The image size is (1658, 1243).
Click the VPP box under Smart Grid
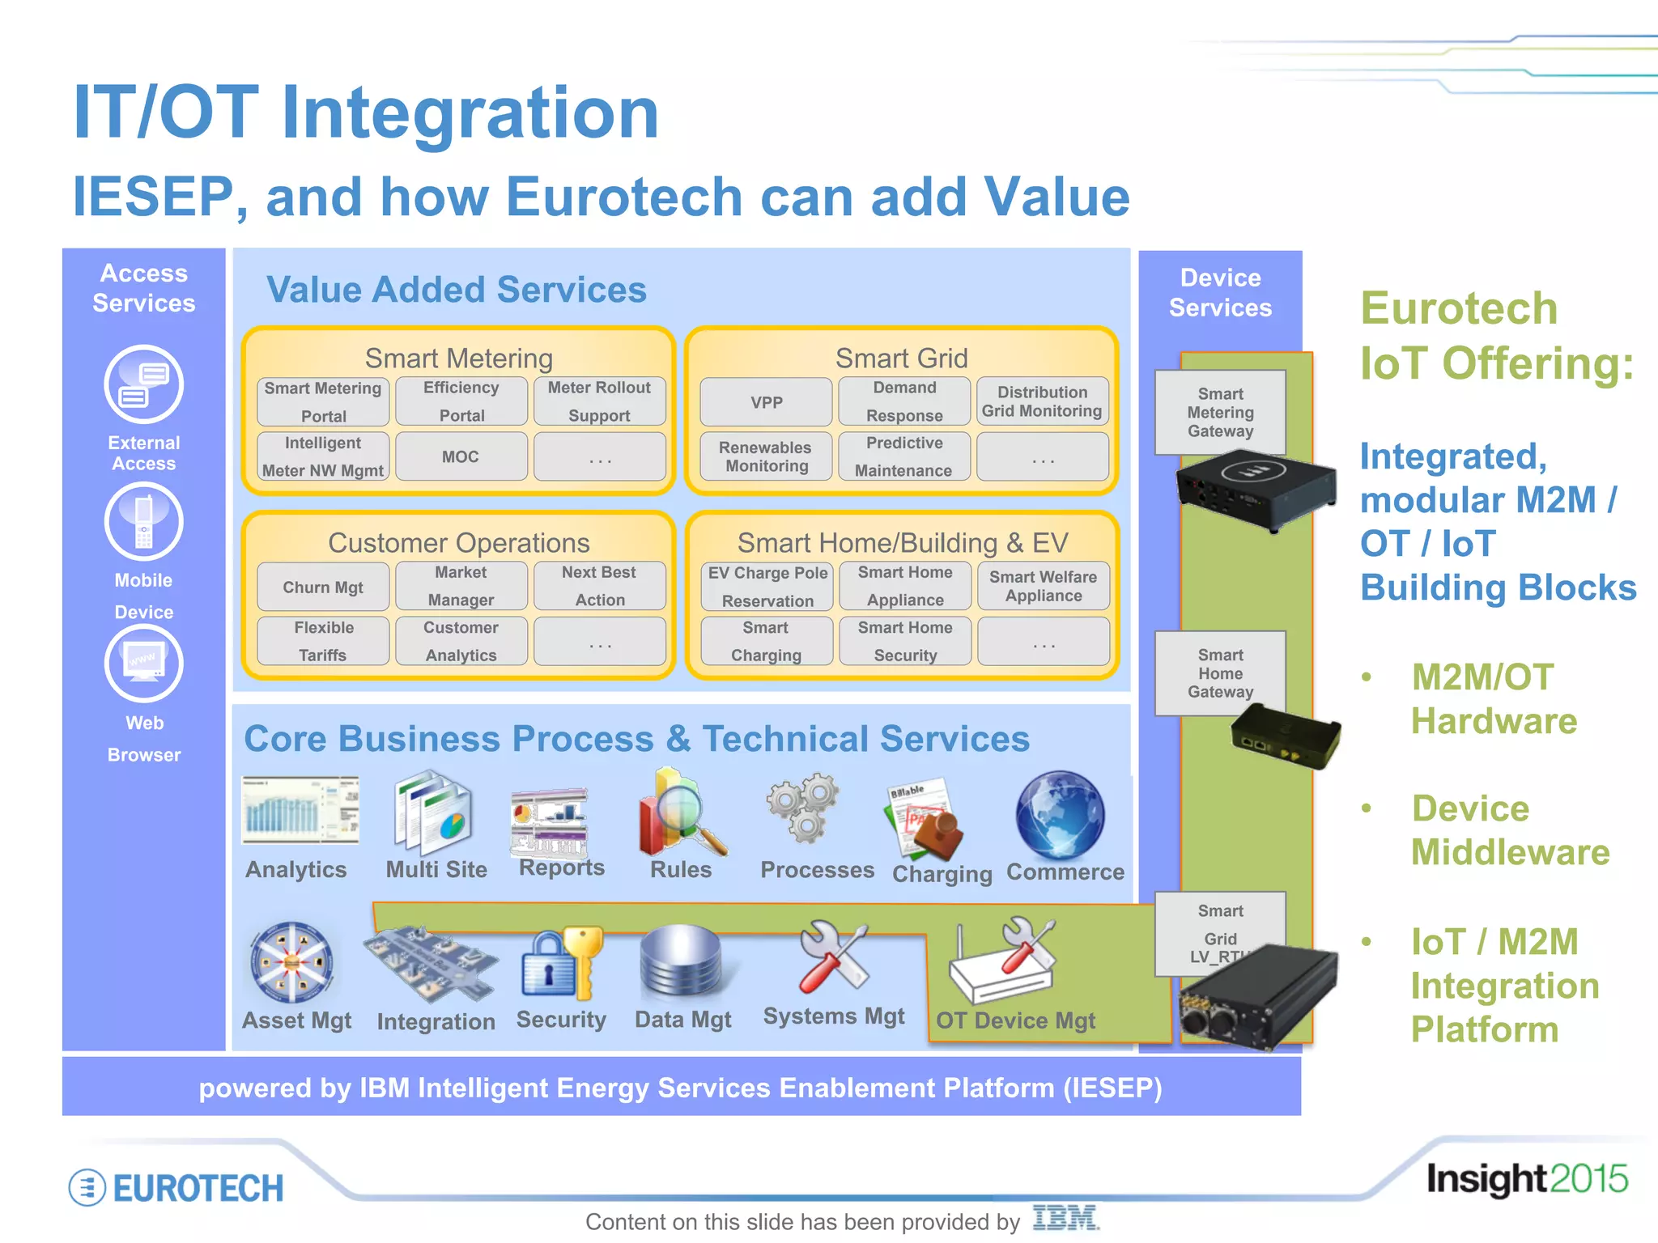coord(766,402)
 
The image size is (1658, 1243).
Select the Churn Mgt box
coord(323,587)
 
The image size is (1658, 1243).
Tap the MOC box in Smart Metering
coord(461,456)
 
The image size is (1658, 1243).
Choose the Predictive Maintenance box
coord(904,456)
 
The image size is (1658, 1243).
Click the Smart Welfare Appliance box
coord(1043,586)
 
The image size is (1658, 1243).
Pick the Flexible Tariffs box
coord(323,641)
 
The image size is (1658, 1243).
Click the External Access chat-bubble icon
coord(144,384)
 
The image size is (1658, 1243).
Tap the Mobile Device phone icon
coord(144,522)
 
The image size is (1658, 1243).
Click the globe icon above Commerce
coord(1060,815)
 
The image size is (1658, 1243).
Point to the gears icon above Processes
coord(803,807)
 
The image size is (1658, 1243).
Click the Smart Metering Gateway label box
coord(1220,413)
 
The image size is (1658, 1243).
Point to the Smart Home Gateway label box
coord(1220,673)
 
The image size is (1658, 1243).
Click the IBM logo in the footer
coord(1065,1218)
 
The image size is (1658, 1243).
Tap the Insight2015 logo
coord(1527,1179)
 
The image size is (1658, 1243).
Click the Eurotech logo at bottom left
coord(176,1188)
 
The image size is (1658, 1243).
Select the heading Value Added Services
coord(457,290)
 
